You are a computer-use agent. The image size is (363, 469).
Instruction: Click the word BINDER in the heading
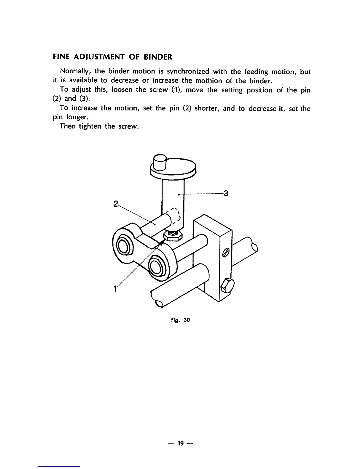pos(159,57)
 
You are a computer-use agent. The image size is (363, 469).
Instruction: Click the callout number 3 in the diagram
pos(226,194)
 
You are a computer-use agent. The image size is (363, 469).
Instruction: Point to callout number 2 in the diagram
pos(116,204)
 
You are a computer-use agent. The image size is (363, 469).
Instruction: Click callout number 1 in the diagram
pos(114,288)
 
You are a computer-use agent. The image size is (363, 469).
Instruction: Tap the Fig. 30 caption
pos(180,320)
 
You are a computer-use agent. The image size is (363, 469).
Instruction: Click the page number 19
pos(180,443)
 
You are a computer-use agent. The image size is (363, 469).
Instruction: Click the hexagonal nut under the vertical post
pos(173,236)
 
